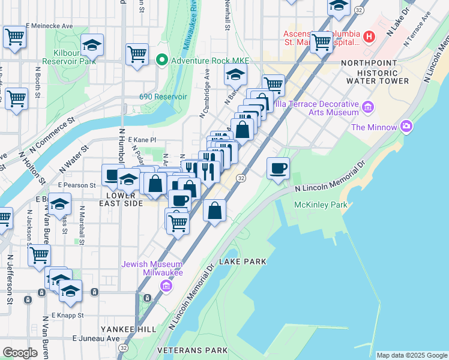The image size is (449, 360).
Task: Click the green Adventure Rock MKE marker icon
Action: tap(161, 61)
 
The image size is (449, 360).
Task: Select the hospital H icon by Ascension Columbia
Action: tap(369, 37)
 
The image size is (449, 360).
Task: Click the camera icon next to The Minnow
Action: tap(407, 127)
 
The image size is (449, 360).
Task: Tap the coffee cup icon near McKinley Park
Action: tap(278, 169)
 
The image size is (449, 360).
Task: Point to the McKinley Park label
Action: tap(321, 205)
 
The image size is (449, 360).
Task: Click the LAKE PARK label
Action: tap(243, 262)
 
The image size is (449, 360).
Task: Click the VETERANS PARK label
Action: tap(192, 350)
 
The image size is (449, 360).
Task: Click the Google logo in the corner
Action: tap(20, 353)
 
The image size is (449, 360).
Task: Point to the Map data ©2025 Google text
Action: tap(412, 355)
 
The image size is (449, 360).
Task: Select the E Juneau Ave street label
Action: tap(95, 338)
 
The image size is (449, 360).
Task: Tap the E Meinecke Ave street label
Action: tap(48, 26)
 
